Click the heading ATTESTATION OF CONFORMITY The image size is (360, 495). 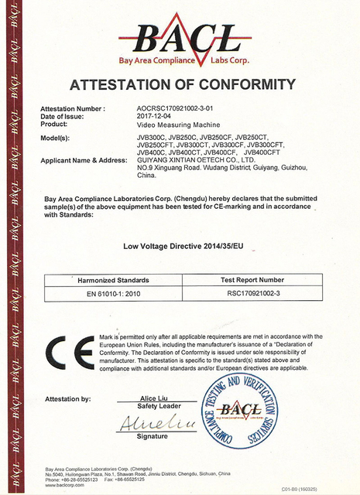click(183, 84)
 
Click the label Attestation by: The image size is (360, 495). click(69, 399)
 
